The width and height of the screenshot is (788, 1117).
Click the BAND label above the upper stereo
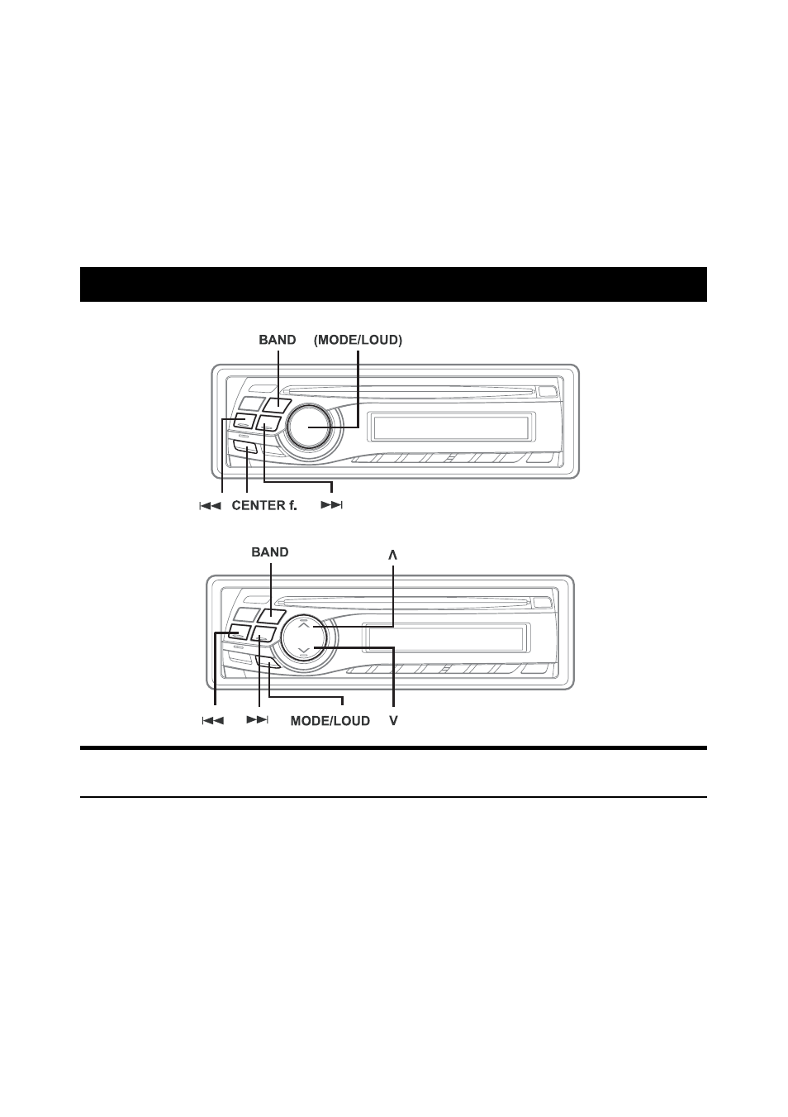277,340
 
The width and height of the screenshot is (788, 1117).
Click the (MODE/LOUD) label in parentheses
358,340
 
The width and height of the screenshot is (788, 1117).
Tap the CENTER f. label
264,506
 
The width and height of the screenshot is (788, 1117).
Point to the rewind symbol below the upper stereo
210,506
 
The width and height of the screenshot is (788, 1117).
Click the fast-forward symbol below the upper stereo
332,506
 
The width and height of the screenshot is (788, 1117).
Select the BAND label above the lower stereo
270,552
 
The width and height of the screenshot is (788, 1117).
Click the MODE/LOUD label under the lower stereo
330,721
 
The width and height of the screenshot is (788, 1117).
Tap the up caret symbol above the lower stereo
393,555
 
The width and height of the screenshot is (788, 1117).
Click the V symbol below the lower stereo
393,721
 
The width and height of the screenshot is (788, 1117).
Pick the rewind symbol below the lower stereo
212,721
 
